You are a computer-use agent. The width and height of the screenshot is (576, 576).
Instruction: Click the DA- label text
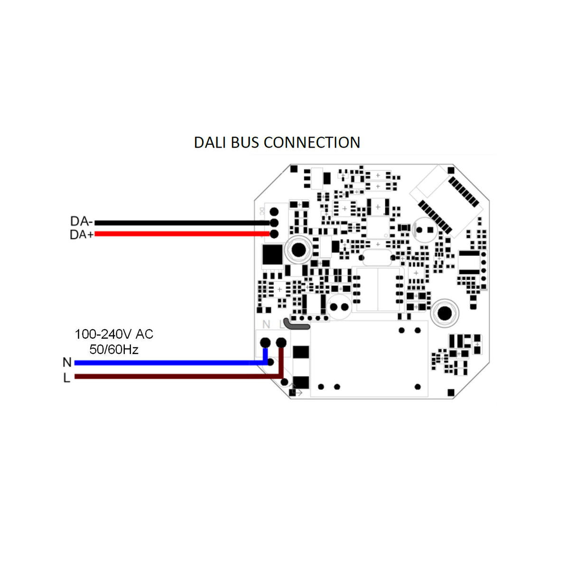[81, 221]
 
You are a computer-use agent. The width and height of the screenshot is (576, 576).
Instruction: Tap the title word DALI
[210, 142]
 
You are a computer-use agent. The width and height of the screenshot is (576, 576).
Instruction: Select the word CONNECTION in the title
[312, 142]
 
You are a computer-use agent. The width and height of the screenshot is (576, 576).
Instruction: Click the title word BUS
[245, 142]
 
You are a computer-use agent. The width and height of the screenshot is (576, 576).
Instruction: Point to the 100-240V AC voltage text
[114, 334]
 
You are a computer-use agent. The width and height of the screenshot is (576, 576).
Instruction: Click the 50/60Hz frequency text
[114, 350]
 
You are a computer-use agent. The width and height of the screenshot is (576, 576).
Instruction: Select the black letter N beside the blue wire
[67, 362]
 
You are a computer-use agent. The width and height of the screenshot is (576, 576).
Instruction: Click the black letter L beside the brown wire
[67, 378]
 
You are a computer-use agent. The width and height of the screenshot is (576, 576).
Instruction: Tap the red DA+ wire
[180, 233]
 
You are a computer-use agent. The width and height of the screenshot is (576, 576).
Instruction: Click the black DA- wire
[180, 223]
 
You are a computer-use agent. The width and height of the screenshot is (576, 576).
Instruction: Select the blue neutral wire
[166, 362]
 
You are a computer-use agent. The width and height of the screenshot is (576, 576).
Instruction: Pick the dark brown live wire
[166, 377]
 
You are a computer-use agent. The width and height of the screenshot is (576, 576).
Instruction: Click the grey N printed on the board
[266, 324]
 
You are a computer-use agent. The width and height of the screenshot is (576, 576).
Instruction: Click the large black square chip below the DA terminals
[272, 255]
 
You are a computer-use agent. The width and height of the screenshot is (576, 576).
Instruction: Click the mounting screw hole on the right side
[445, 313]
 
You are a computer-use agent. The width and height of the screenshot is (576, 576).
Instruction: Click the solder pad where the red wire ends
[274, 234]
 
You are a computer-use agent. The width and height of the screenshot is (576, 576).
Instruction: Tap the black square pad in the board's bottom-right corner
[451, 392]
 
